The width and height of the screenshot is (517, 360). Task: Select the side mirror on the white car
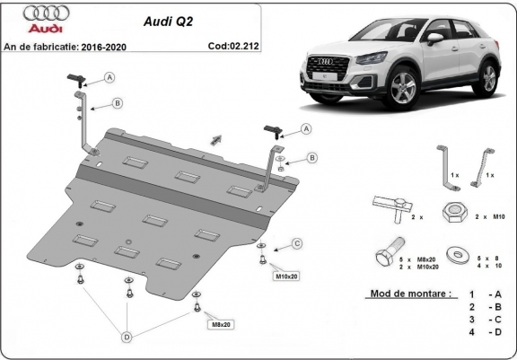point(434,39)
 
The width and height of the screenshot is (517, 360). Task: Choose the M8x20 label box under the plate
point(221,323)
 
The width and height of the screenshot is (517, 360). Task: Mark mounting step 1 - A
point(483,294)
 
